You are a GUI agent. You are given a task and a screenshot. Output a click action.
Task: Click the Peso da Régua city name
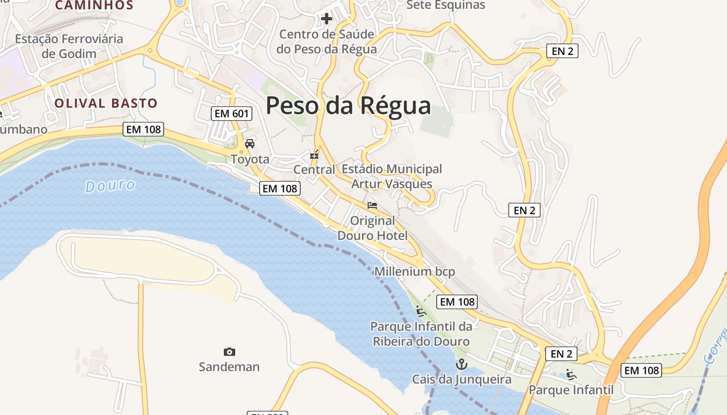point(348,105)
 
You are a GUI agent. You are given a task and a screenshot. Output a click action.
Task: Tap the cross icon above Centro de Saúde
point(326,19)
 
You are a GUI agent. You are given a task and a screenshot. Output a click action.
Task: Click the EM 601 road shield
point(232,114)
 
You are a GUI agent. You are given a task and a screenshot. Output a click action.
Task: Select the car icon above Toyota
point(250,143)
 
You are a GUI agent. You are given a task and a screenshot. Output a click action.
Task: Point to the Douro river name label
point(110,186)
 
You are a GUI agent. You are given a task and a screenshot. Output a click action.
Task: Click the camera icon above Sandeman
point(229,352)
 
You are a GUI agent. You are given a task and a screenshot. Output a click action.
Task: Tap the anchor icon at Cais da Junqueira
point(461,364)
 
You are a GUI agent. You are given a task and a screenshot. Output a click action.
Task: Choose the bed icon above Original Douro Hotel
point(372,205)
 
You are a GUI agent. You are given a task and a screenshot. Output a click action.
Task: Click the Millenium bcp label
point(414,271)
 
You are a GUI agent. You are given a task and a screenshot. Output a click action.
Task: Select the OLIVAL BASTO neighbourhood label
point(105,103)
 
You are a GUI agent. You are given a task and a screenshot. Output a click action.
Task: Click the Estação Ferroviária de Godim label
point(69,46)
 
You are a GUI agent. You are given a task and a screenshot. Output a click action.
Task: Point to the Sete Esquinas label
point(446,5)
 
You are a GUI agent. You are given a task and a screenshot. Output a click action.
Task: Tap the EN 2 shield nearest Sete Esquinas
point(562,51)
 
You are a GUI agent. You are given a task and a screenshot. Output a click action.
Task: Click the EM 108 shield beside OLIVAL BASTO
point(143,129)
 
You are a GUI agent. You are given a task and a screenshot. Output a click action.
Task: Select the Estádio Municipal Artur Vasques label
point(392,176)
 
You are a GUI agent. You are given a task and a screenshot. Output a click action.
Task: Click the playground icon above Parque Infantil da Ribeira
point(421,311)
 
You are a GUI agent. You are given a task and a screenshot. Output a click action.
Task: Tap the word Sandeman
point(229,367)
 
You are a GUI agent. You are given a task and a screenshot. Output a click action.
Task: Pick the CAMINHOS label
point(94,5)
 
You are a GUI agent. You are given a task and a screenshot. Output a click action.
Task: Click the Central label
point(314,170)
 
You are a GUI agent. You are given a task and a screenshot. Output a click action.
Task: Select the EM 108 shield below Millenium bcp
point(456,301)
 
